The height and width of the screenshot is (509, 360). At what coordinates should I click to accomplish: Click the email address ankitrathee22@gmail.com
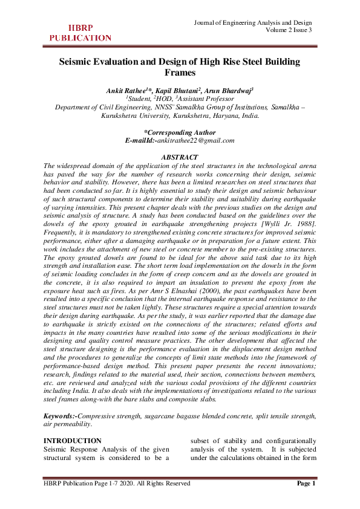point(195,140)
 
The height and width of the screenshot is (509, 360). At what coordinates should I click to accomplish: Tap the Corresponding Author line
point(180,132)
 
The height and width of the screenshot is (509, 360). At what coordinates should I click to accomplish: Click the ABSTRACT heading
point(180,157)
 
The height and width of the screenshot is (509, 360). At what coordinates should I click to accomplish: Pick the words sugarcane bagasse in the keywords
point(184,417)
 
